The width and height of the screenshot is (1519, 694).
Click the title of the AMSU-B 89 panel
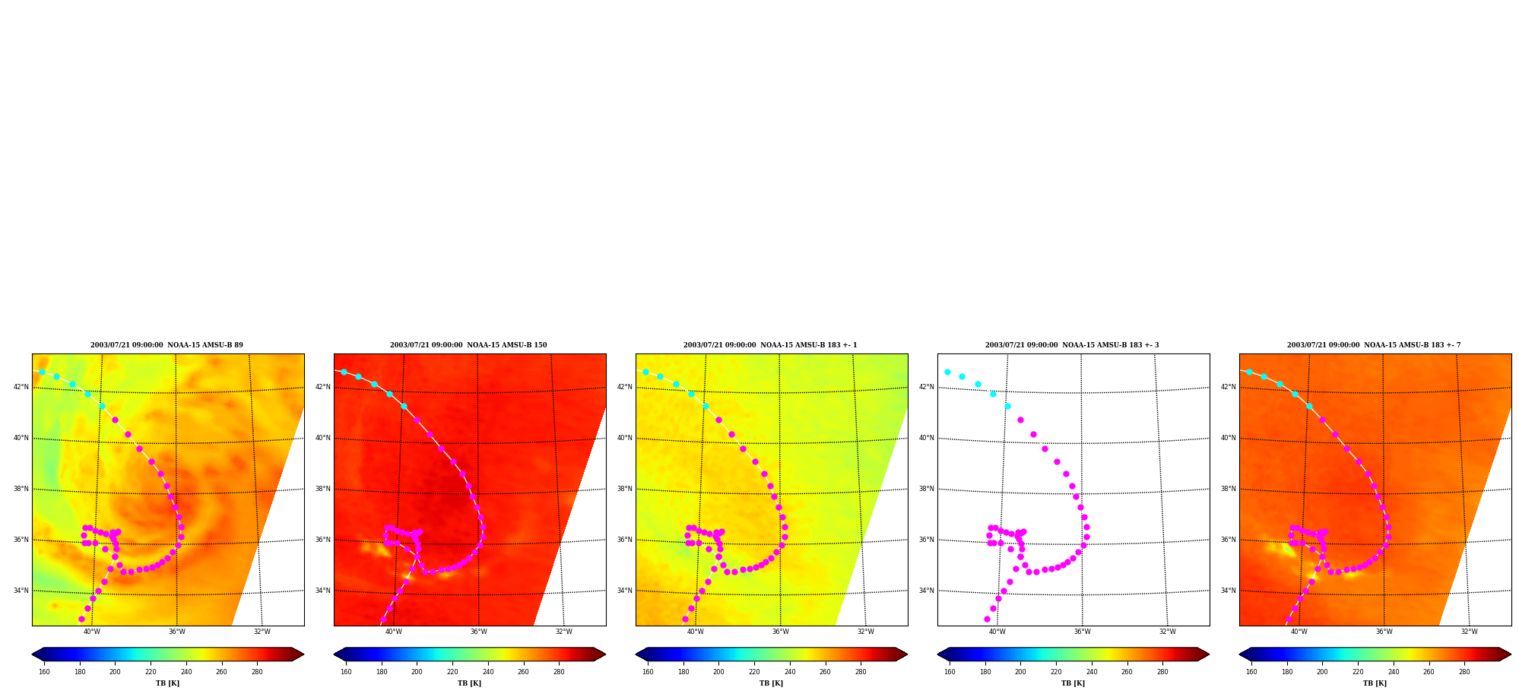point(166,345)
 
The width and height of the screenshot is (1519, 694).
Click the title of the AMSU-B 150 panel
point(468,345)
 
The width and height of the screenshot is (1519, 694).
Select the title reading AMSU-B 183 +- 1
point(770,345)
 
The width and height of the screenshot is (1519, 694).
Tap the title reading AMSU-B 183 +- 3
point(1072,345)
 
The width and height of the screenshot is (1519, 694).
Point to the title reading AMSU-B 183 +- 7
point(1374,345)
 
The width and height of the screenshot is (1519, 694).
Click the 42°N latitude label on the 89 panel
point(21,387)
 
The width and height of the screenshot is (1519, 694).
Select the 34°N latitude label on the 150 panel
point(323,591)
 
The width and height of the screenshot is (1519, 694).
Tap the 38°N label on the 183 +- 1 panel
point(625,489)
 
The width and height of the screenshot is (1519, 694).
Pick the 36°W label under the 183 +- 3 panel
point(1083,632)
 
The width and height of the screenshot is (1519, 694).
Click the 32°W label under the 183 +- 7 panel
point(1470,632)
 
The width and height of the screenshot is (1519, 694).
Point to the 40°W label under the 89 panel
point(92,632)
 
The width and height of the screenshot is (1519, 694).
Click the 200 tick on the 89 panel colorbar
point(115,672)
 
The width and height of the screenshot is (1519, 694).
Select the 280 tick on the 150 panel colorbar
point(559,672)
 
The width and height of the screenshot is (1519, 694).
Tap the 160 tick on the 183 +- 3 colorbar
point(950,672)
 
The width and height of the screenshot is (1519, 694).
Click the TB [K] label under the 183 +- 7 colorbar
point(1375,683)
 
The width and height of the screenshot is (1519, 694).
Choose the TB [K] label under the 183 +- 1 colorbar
point(771,683)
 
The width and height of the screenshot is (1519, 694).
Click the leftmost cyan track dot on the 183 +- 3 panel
point(947,372)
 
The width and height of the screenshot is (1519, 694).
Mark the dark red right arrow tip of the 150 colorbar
point(605,654)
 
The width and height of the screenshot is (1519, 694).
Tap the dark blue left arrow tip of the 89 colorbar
point(33,654)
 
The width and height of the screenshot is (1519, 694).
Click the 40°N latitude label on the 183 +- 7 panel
point(1229,438)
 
